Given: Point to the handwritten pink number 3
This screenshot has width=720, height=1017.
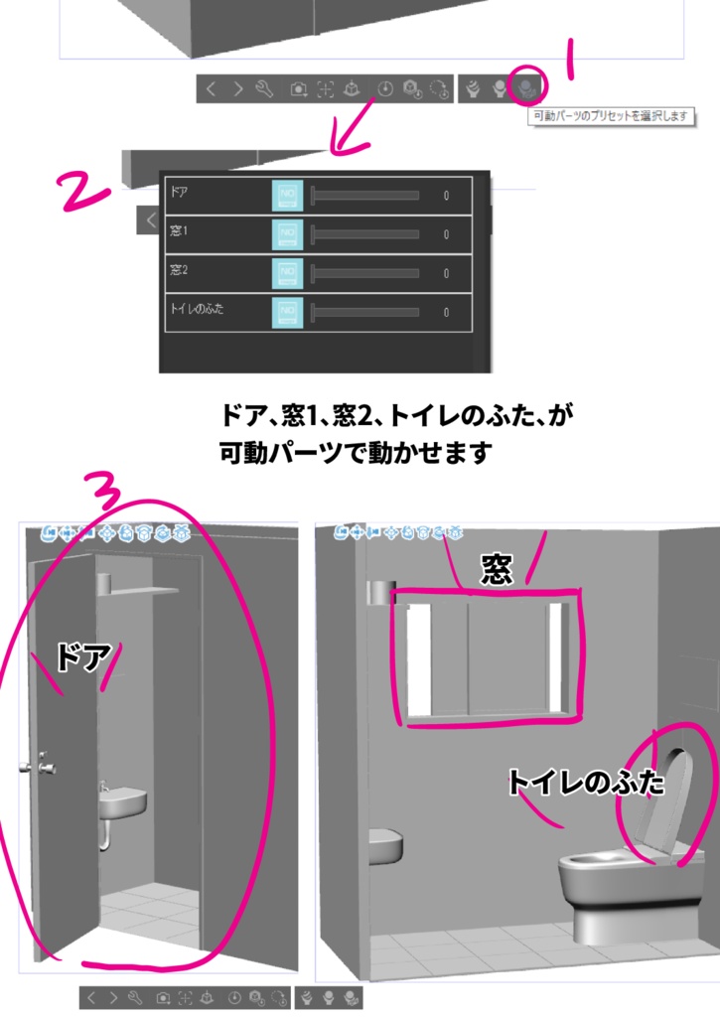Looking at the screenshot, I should (x=105, y=491).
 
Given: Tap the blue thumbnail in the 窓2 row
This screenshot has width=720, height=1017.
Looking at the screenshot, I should (x=287, y=272).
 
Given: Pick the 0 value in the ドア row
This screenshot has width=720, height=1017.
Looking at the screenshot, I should (x=446, y=196).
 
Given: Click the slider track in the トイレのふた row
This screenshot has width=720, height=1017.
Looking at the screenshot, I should (x=365, y=312).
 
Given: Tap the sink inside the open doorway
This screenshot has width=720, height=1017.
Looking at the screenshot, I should (x=123, y=799).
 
